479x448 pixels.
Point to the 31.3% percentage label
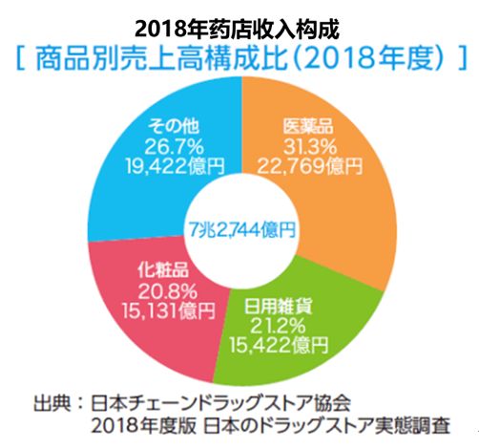pos(309,145)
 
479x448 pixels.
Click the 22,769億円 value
pos(309,164)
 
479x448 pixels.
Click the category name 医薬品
pos(309,126)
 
